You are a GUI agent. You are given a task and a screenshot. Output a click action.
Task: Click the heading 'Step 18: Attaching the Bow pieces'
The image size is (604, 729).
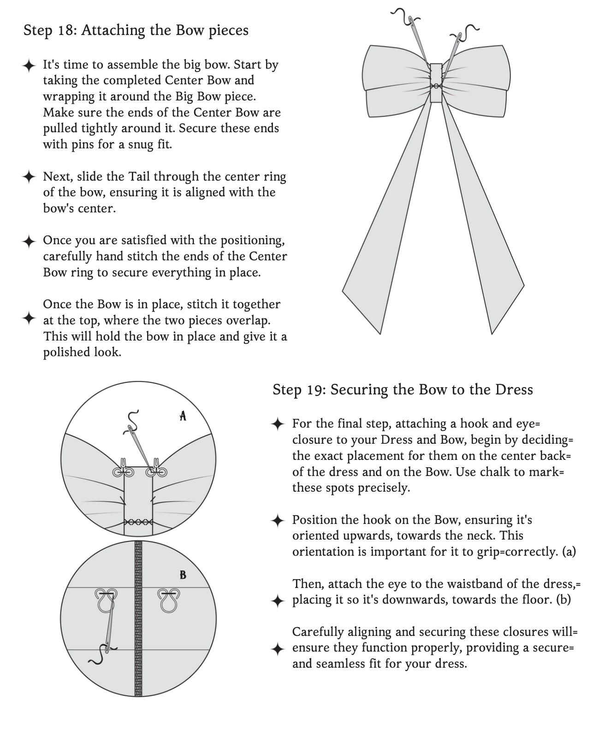136,30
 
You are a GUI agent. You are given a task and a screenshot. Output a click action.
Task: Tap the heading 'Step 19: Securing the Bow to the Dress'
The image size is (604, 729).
403,390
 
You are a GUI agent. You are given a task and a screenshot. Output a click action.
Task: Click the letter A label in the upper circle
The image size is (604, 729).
183,416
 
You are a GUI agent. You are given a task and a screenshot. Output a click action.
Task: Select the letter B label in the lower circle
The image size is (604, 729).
183,575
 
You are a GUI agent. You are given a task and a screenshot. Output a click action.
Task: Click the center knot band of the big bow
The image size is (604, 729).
436,83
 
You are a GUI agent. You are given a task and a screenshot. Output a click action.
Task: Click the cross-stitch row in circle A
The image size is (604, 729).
138,522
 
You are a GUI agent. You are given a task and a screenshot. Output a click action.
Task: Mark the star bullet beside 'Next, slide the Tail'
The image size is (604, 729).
29,176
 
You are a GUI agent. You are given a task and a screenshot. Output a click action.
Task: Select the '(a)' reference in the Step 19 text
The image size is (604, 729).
569,552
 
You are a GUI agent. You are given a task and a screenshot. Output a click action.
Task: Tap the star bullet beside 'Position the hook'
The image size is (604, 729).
278,520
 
